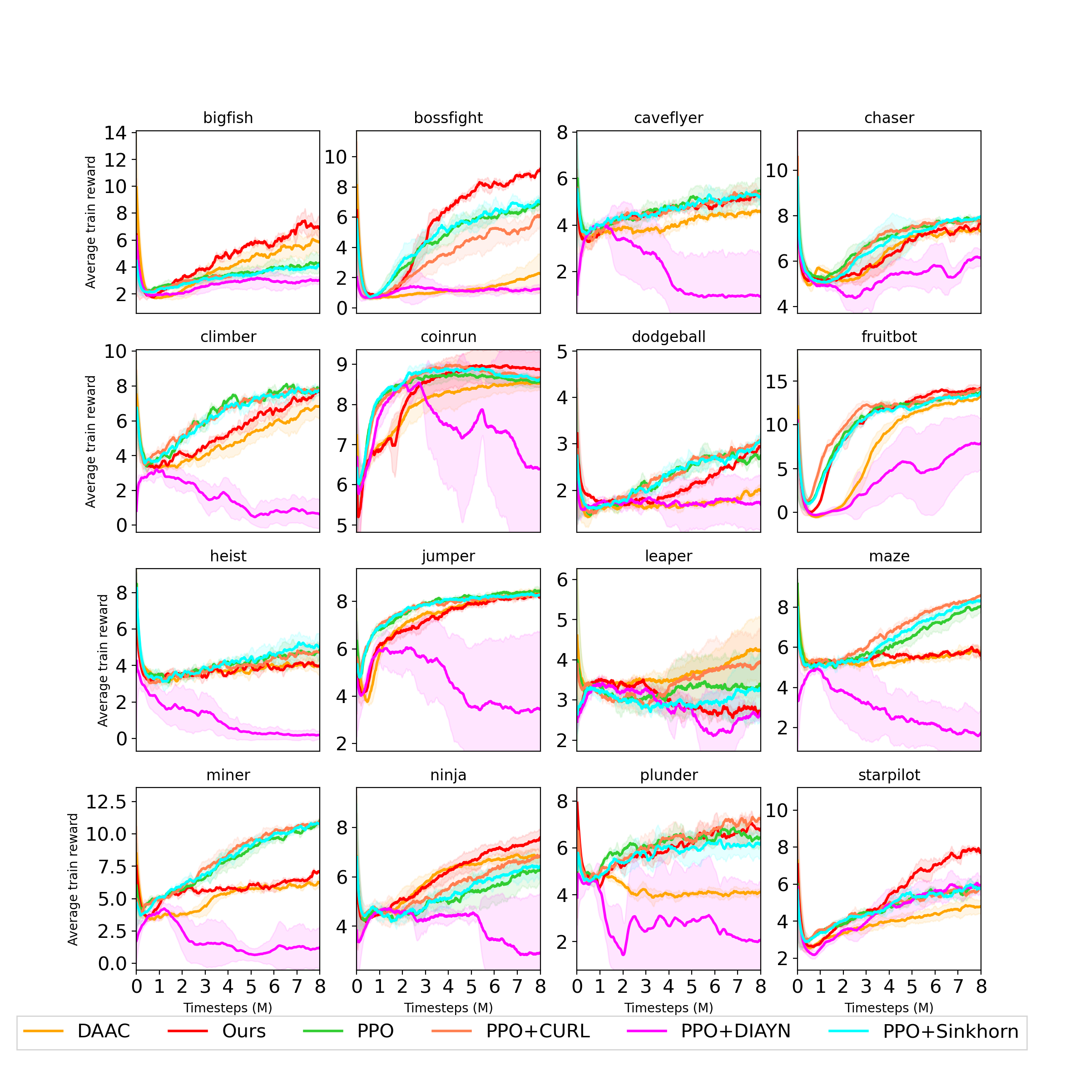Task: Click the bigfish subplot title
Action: point(228,118)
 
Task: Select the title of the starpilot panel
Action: point(889,775)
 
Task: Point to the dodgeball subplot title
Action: point(669,337)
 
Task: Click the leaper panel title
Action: point(669,556)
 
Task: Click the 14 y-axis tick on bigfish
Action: point(116,133)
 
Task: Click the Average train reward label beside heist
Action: point(103,660)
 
